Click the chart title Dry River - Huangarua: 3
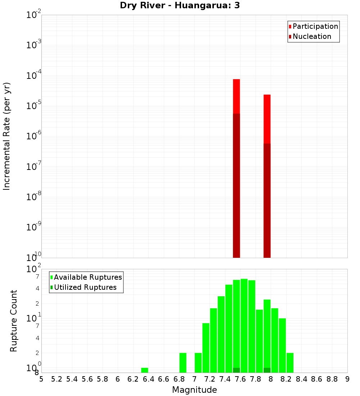click(180, 5)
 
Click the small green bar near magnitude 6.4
click(145, 370)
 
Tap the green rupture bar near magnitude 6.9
click(183, 363)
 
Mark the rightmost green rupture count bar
click(290, 363)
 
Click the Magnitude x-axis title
click(194, 390)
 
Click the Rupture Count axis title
click(14, 321)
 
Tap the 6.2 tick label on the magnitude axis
click(133, 379)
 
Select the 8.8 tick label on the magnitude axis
click(332, 379)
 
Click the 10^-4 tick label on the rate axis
click(33, 76)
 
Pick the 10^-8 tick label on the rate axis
click(33, 197)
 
